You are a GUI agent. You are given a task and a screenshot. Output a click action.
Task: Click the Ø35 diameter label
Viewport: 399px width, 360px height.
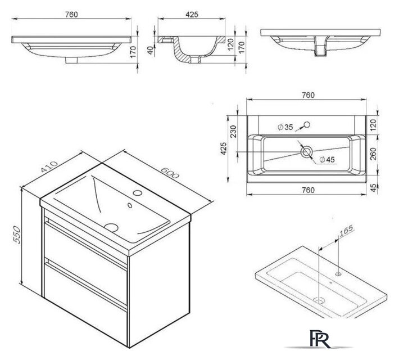(285, 128)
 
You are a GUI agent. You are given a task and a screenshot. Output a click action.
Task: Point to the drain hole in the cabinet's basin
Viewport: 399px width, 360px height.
(112, 227)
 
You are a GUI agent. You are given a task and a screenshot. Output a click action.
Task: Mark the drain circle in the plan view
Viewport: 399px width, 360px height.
(307, 152)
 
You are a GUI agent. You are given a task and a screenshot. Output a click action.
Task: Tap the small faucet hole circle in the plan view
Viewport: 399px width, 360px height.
(307, 124)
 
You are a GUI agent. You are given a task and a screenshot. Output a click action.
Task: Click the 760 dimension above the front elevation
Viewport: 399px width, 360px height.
(70, 14)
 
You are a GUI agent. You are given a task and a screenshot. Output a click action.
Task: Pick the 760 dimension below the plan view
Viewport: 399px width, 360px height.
(306, 190)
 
